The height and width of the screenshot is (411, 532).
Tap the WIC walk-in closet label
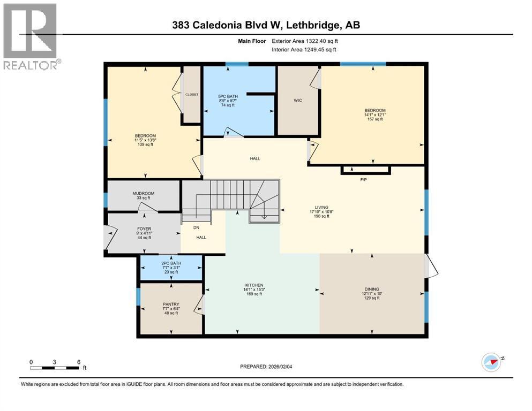click(x=298, y=100)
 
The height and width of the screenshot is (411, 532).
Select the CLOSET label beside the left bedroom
click(x=191, y=94)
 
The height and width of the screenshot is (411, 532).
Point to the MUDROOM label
click(x=143, y=193)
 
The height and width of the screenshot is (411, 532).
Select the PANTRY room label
click(x=170, y=304)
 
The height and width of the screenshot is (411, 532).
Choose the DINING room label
click(x=371, y=289)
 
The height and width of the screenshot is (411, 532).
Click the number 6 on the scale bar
click(x=79, y=362)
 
